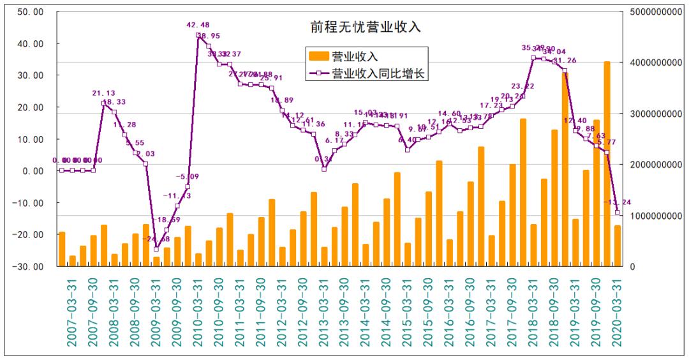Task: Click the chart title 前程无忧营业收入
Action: click(362, 27)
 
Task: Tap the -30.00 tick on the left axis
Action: click(28, 266)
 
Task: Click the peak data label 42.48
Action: click(198, 26)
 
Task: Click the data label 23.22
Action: click(522, 86)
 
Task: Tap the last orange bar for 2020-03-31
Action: click(618, 246)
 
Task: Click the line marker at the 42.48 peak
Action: click(198, 35)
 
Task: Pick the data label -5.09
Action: click(188, 177)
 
